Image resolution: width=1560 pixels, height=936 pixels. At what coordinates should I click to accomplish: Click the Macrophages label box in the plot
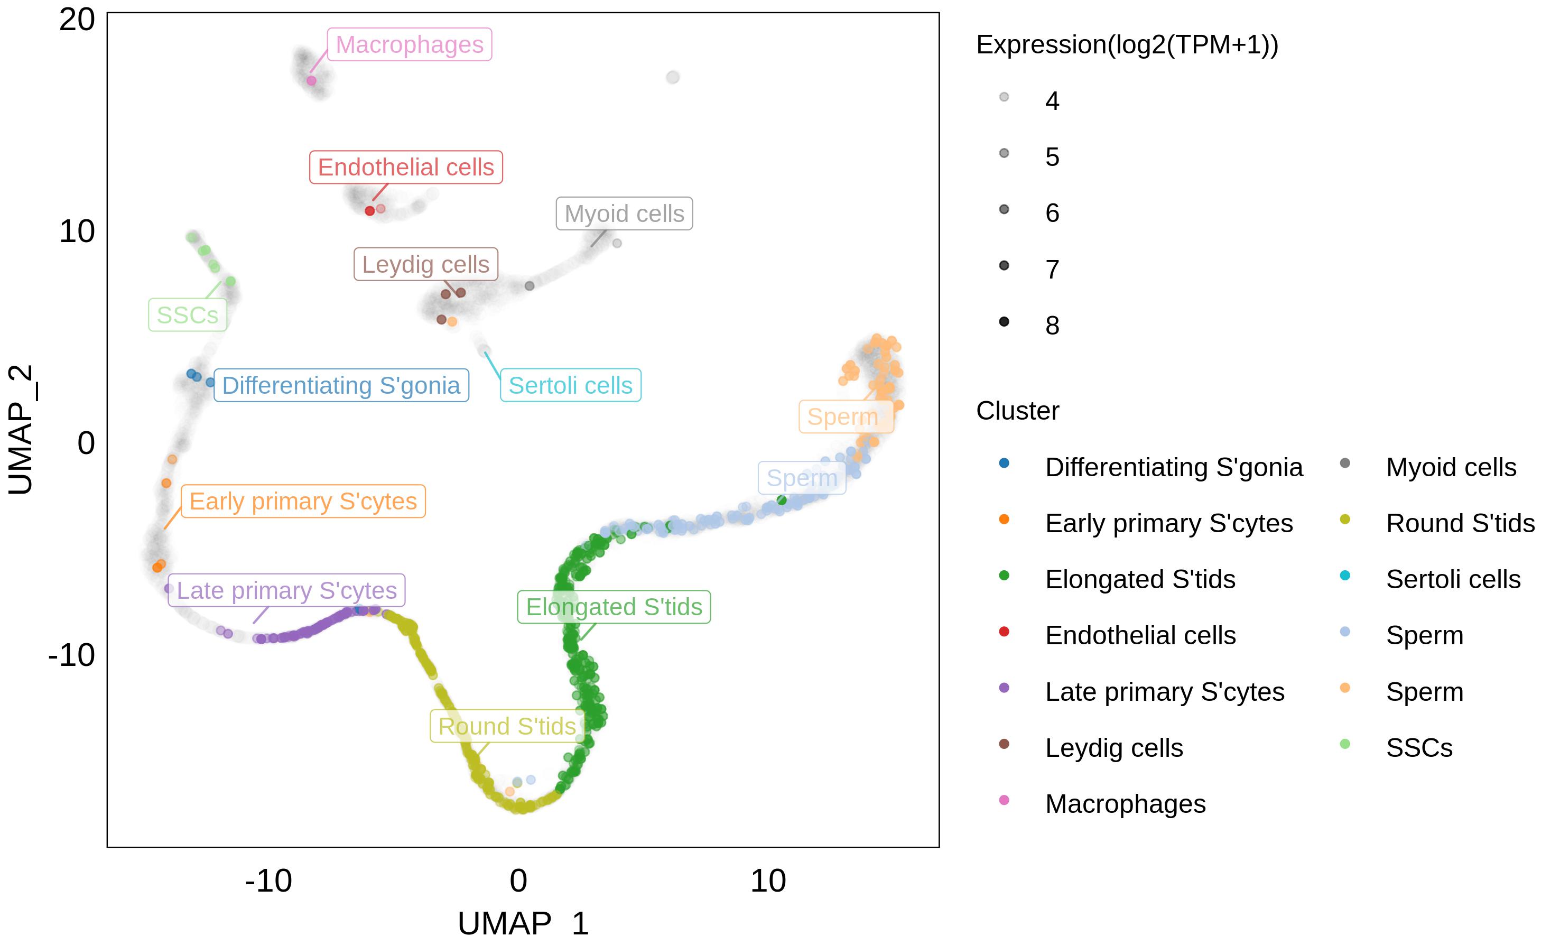coord(409,45)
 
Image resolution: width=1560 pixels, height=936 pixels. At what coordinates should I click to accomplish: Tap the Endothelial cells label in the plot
coord(405,167)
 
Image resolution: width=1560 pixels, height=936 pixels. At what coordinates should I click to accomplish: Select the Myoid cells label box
coord(624,214)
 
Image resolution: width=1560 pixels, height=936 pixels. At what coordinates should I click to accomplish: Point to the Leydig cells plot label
coord(425,264)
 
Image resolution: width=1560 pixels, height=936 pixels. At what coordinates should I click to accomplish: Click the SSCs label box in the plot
coord(187,315)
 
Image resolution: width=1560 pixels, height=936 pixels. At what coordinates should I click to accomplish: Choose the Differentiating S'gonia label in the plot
coord(341,385)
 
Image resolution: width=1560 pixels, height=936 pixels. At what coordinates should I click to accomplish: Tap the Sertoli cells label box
coord(570,385)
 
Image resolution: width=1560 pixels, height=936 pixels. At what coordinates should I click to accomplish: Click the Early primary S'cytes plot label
coord(303,502)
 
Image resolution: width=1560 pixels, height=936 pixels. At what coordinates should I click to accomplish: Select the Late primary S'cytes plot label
coord(286,590)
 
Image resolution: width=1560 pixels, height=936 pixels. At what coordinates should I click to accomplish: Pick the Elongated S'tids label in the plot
coord(614,607)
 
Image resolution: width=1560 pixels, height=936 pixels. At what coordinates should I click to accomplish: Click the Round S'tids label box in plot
coord(507,726)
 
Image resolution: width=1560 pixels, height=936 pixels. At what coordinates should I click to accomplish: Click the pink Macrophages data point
coord(311,81)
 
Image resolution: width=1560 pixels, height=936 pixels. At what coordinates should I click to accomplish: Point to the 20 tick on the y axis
coord(77,20)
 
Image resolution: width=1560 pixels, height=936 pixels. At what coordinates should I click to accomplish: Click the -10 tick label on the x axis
coord(268,881)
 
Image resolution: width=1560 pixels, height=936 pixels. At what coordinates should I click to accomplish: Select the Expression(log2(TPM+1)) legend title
coord(1127,45)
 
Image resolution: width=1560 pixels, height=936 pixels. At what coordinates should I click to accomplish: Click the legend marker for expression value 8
coord(1004,322)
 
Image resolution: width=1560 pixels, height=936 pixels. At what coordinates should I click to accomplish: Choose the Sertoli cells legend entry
coord(1453,579)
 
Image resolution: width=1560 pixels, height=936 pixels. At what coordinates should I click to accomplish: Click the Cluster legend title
coord(1017,411)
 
